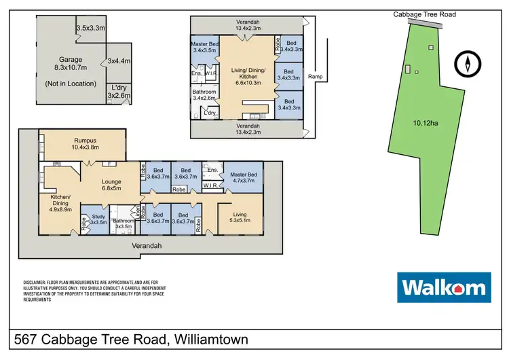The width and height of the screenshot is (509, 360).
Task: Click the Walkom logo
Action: point(443,287)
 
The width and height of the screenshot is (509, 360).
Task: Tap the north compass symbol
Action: point(467,65)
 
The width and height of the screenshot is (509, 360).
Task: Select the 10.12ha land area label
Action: point(426,123)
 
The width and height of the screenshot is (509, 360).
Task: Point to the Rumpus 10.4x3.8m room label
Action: point(82,142)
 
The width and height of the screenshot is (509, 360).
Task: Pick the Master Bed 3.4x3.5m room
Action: point(204,46)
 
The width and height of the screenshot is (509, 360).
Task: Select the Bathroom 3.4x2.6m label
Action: point(204,94)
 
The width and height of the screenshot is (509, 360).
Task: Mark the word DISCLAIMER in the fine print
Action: point(33,282)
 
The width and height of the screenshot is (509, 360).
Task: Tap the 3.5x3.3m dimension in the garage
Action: point(90,28)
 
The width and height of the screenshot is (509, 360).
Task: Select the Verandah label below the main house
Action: point(146,247)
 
